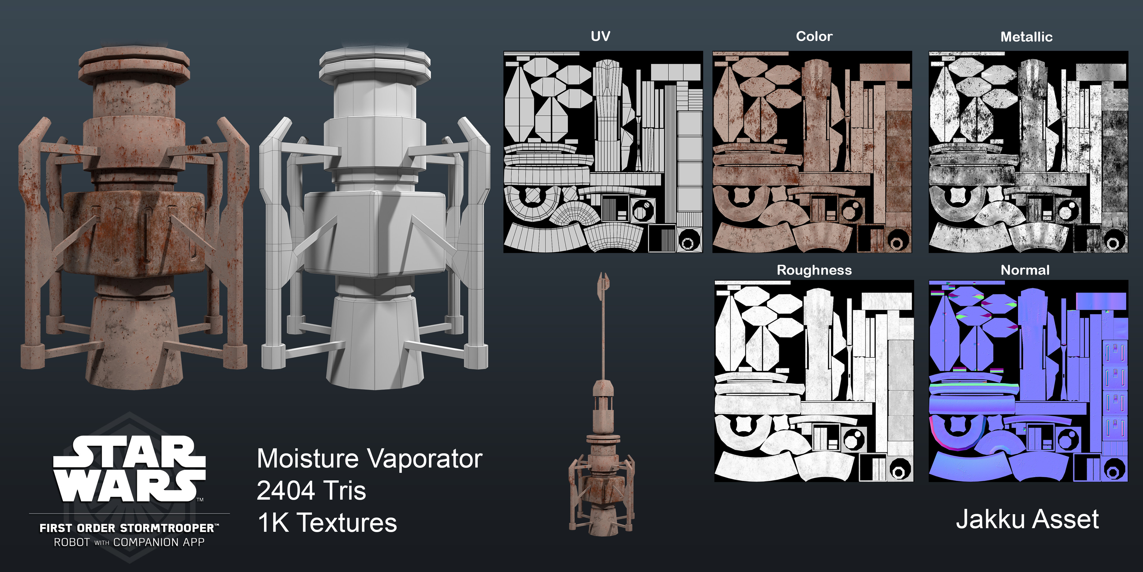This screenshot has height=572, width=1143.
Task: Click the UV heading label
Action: pyautogui.click(x=600, y=36)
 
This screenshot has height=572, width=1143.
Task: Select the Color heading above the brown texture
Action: pyautogui.click(x=814, y=36)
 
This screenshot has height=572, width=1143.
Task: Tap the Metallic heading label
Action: pyautogui.click(x=1026, y=37)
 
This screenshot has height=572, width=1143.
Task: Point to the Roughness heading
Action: pyautogui.click(x=814, y=270)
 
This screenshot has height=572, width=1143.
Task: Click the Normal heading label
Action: pyautogui.click(x=1025, y=270)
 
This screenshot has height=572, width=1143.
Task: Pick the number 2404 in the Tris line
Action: pyautogui.click(x=286, y=490)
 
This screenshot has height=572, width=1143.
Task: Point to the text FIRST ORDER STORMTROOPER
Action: pyautogui.click(x=128, y=528)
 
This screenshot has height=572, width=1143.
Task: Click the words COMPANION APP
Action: pyautogui.click(x=159, y=542)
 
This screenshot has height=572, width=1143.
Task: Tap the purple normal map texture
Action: pyautogui.click(x=1028, y=381)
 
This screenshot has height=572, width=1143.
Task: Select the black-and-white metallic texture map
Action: pyautogui.click(x=1028, y=152)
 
